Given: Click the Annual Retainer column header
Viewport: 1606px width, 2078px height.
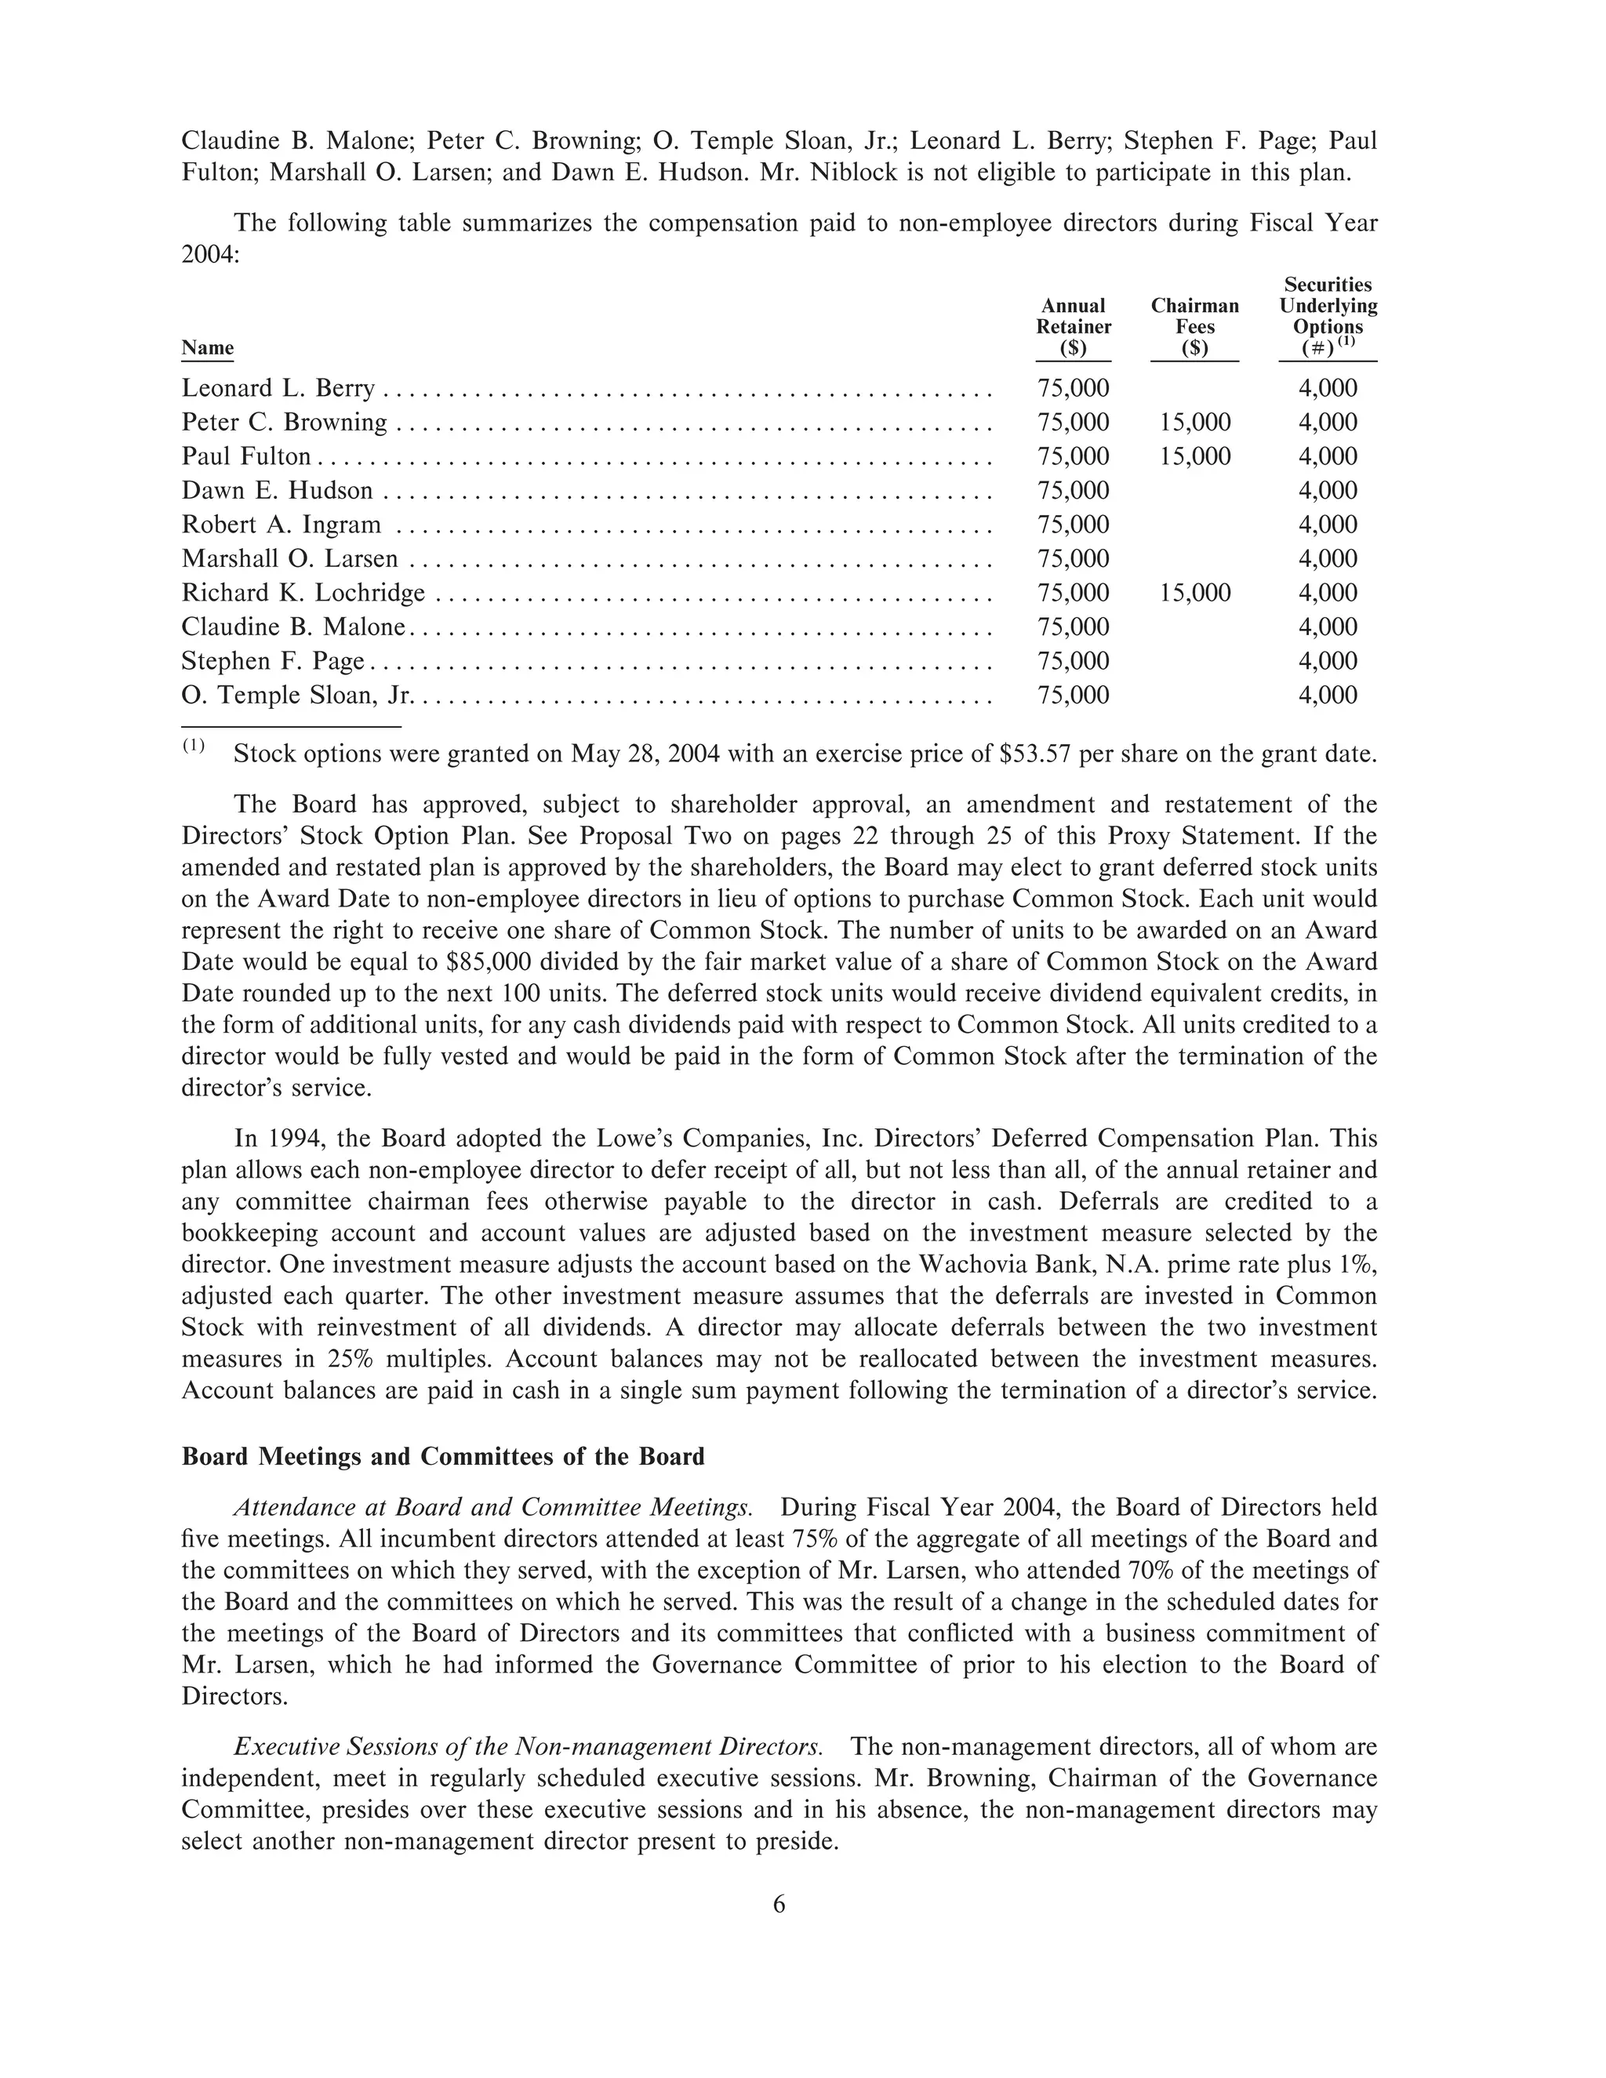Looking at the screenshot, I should tap(1074, 326).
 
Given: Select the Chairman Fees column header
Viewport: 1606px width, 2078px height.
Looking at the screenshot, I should tap(1194, 326).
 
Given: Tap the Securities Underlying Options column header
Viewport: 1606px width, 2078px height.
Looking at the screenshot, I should tap(1328, 316).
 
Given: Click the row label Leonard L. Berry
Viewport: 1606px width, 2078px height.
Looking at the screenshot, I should tap(278, 388).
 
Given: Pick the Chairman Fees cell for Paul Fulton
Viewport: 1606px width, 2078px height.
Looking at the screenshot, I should tap(1195, 456).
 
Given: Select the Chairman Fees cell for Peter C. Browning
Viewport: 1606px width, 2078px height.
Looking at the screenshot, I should tap(1195, 423).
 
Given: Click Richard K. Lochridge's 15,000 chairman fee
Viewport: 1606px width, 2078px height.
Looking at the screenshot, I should tap(1195, 594).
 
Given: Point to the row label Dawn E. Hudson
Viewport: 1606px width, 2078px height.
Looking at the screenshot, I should tap(277, 491).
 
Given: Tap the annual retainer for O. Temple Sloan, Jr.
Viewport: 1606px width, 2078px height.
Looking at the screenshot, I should tap(1074, 696).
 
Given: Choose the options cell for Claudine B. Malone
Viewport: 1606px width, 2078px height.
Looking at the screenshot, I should tap(1328, 627).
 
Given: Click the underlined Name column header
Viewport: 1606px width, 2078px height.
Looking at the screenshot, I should tap(207, 347).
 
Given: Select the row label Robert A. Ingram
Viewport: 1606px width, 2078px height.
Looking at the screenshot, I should tap(281, 525).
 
